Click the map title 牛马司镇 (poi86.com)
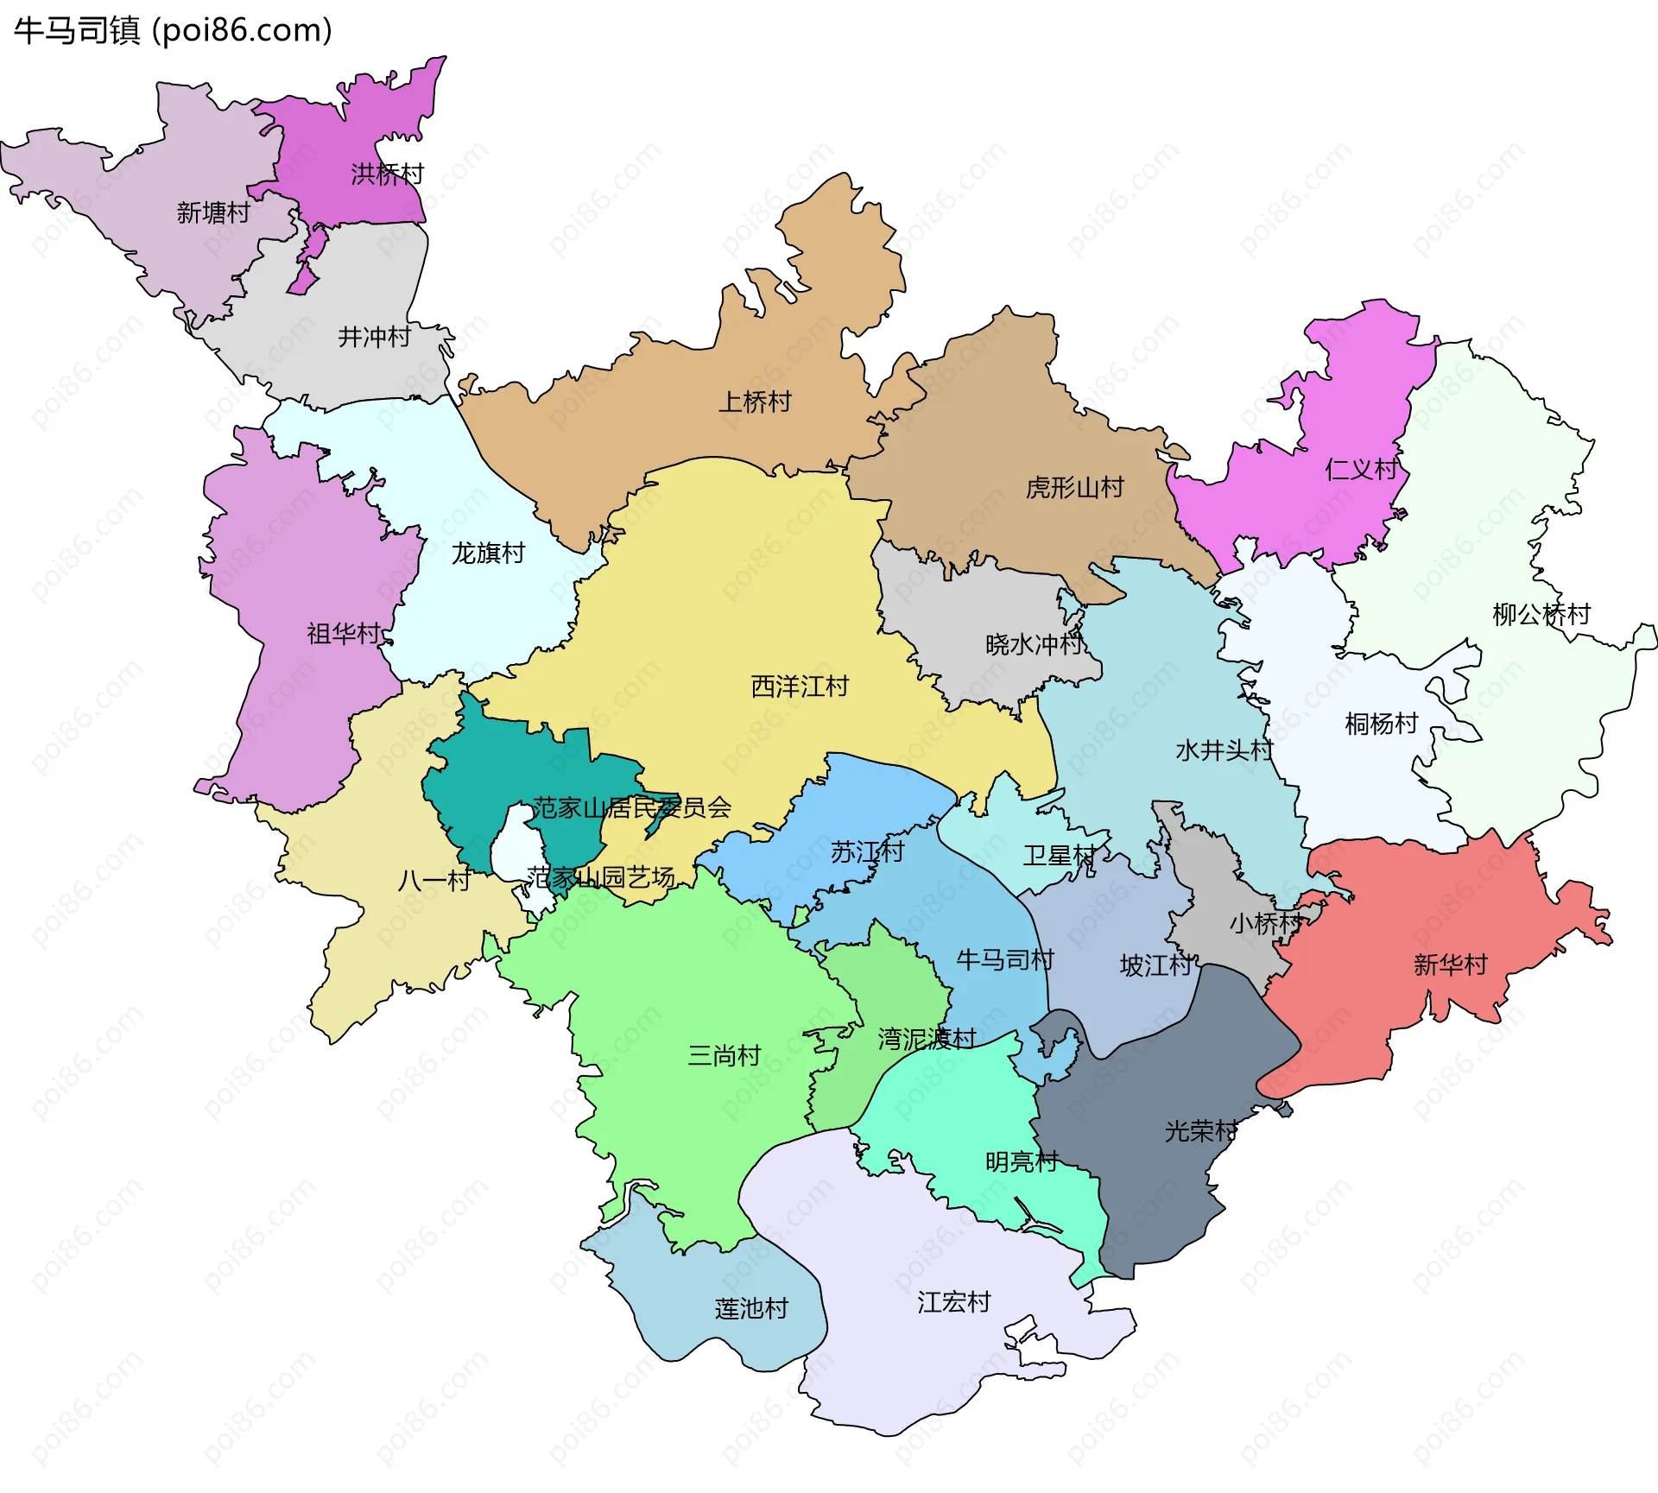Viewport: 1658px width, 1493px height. (173, 30)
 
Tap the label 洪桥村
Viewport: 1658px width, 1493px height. (387, 174)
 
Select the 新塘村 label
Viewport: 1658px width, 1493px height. (212, 212)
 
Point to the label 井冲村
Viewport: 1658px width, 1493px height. (374, 337)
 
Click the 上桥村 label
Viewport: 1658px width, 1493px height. (755, 402)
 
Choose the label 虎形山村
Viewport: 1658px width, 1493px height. (1074, 489)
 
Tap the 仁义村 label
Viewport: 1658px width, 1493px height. (1361, 471)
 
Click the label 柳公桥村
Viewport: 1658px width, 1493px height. (1541, 615)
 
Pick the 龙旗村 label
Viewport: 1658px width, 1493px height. (488, 554)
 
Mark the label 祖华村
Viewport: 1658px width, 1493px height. (344, 635)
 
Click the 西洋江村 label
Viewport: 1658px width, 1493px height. (800, 687)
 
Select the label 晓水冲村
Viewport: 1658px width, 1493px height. (1034, 645)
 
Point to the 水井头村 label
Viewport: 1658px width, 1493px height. (1224, 750)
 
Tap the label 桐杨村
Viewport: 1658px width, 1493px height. (1381, 724)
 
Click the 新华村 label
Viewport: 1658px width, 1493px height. (1450, 965)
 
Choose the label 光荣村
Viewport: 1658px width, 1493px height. (1200, 1131)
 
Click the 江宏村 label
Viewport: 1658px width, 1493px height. (953, 1302)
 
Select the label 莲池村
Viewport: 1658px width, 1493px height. (750, 1309)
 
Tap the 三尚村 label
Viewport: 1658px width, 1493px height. (724, 1056)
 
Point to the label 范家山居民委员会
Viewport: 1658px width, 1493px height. (631, 808)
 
